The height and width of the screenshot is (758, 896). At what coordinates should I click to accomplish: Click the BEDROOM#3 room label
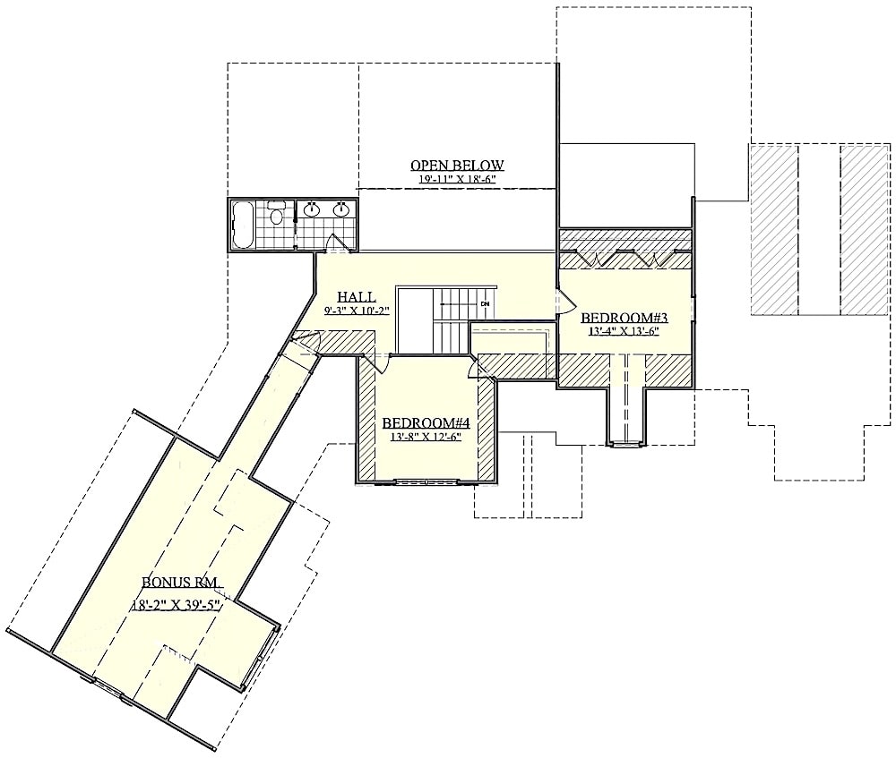point(625,318)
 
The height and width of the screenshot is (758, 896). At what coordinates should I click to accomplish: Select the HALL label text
point(356,297)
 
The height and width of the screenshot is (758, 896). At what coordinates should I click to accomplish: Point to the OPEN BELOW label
point(457,166)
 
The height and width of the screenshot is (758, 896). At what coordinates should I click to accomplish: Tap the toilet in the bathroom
point(278,214)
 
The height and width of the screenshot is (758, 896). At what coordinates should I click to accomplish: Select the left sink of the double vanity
point(312,210)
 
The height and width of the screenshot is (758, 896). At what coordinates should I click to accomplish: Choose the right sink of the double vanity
point(340,210)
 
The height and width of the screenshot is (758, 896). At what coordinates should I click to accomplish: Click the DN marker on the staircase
point(485,304)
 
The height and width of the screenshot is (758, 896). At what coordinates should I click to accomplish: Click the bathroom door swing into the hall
point(338,243)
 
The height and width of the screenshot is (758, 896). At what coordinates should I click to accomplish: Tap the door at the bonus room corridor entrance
point(306,340)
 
